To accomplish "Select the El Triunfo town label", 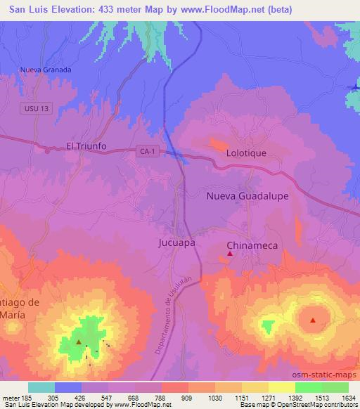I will tap(86, 146).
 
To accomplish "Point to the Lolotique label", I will tap(245, 152).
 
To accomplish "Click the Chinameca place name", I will tap(252, 245).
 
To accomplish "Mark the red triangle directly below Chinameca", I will tap(229, 254).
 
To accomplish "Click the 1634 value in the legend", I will tap(347, 397).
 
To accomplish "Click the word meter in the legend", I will tap(11, 397).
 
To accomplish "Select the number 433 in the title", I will tap(124, 10).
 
